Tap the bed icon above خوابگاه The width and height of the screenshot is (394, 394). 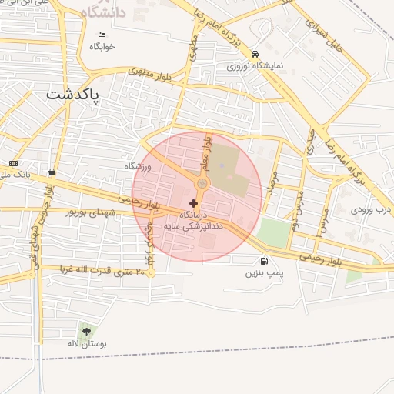102,35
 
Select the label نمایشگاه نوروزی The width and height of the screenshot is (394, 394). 255,66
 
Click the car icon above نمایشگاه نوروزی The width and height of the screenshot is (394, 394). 255,54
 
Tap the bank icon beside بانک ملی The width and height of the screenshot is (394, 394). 14,163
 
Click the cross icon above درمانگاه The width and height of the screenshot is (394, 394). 192,203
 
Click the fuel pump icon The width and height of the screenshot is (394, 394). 265,261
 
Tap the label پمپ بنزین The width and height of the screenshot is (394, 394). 265,273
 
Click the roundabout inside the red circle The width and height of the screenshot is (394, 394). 202,184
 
